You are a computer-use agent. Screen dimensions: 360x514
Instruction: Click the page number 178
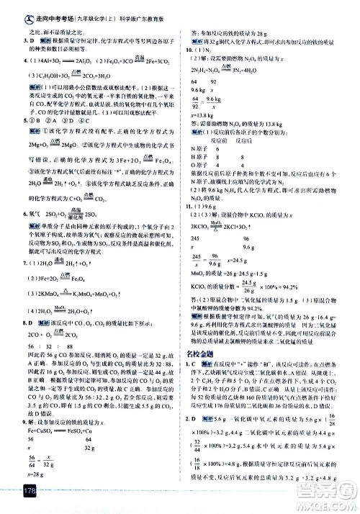coord(14,490)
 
